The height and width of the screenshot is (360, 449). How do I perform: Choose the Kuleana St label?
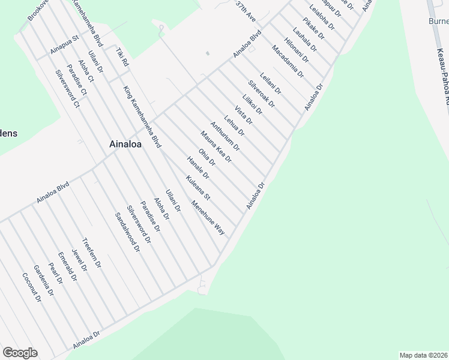click(198, 188)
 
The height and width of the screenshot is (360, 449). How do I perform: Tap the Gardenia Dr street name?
click(44, 281)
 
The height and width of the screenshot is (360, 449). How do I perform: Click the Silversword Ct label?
click(67, 89)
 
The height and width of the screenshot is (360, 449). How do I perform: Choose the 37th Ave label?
click(246, 12)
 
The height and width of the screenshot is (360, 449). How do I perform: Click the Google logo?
click(20, 353)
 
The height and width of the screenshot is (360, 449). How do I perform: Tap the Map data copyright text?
click(424, 355)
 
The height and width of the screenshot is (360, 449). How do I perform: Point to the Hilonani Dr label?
click(297, 50)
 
